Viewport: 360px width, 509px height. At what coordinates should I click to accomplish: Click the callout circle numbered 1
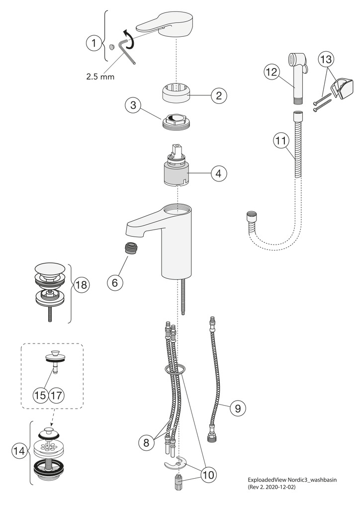click(94, 43)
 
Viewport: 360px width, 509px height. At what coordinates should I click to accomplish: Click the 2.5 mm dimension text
click(100, 77)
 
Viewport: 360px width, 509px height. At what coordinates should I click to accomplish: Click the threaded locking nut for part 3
click(176, 123)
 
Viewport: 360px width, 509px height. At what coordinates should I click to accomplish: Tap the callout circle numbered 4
click(219, 173)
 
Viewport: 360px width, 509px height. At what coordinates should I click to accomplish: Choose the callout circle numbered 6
click(115, 283)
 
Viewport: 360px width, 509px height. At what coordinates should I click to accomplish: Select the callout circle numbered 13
click(326, 60)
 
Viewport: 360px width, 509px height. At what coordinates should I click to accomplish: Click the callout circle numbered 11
click(281, 141)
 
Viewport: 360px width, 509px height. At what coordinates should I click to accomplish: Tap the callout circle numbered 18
click(81, 285)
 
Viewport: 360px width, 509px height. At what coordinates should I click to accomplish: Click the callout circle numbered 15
click(41, 395)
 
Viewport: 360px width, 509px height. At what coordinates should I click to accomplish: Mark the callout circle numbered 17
click(57, 395)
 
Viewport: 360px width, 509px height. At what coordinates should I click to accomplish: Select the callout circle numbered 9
click(238, 408)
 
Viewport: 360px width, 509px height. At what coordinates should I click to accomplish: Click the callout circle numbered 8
click(146, 442)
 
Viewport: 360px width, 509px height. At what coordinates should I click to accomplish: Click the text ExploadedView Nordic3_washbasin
click(292, 480)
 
